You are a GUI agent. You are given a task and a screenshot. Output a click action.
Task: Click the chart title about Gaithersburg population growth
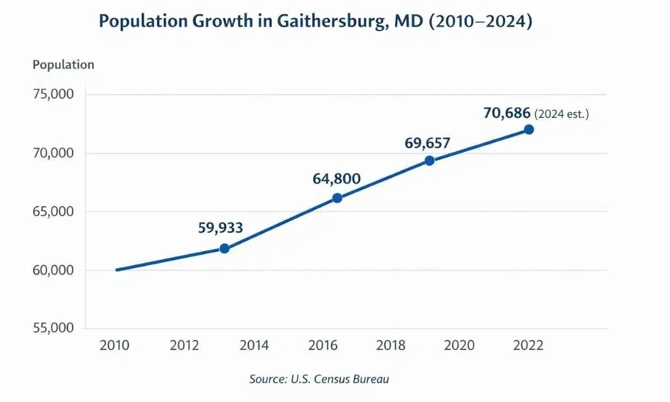[x=315, y=21]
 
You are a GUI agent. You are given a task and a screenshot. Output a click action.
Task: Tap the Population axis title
[x=63, y=65]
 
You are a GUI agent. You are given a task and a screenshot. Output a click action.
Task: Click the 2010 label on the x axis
[x=114, y=346]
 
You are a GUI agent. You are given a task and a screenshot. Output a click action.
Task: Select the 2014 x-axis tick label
[x=254, y=346]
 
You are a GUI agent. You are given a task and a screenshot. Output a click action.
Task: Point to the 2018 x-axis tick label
[x=391, y=346]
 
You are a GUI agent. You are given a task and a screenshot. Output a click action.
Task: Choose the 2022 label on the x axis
[x=528, y=346]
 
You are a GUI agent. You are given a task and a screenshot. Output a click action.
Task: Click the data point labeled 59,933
[x=224, y=248]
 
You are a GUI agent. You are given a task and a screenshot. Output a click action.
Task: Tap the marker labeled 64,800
[x=337, y=198]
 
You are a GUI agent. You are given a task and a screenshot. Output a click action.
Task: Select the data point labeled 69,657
[x=429, y=160]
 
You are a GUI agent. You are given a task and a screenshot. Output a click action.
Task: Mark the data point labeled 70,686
[x=529, y=130]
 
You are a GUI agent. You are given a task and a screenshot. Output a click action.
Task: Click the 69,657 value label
[x=427, y=143]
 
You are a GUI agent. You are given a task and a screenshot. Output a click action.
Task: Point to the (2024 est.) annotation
[x=562, y=114]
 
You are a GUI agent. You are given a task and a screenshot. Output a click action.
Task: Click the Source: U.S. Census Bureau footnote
[x=319, y=379]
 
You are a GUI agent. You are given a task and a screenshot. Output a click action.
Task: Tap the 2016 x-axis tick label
[x=323, y=346]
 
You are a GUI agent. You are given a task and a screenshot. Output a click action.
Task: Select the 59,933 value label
[x=221, y=228]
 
